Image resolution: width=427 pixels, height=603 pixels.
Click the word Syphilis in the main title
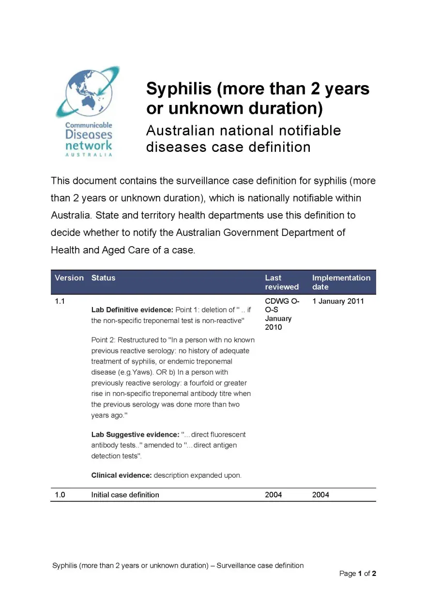[x=179, y=89]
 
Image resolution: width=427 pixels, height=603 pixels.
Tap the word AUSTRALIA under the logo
[x=89, y=155]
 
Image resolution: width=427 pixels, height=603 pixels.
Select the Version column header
[x=69, y=278]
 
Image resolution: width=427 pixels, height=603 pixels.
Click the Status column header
[x=103, y=278]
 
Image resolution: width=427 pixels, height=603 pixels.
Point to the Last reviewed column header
[x=281, y=282]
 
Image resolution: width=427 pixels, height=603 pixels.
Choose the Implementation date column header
[x=341, y=282]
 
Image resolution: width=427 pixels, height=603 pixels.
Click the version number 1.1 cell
[x=60, y=301]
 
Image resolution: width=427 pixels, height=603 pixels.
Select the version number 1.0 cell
[x=60, y=495]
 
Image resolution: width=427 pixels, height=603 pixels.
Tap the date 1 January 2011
[x=338, y=301]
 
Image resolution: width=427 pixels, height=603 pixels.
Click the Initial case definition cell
[x=125, y=495]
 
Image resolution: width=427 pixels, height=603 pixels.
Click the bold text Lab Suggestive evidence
[x=135, y=435]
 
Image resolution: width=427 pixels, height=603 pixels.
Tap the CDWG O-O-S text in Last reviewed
[x=282, y=306]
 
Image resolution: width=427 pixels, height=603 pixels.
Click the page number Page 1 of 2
[x=357, y=574]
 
